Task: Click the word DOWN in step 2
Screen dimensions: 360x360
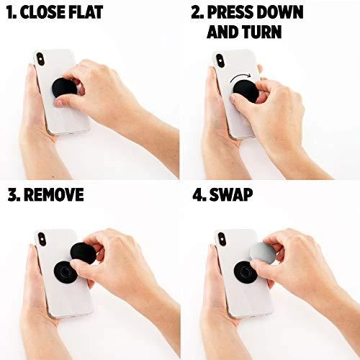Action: click(x=279, y=12)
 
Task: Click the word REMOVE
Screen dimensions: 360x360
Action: click(x=54, y=194)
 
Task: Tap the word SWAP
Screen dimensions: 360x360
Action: click(x=231, y=194)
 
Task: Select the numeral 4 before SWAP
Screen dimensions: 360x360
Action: click(x=199, y=194)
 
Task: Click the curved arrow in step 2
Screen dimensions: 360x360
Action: click(x=240, y=76)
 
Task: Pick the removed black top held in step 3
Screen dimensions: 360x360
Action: click(x=82, y=252)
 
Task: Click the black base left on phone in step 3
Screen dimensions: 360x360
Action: click(x=66, y=271)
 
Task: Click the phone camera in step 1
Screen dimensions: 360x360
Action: click(x=40, y=59)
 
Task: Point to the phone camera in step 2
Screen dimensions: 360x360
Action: click(x=220, y=60)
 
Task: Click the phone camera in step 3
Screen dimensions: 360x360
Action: click(x=42, y=239)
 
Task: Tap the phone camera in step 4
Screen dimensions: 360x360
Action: click(x=222, y=239)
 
